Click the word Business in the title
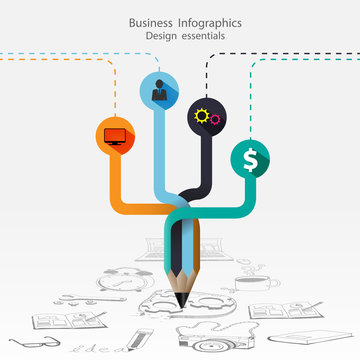pos(155,21)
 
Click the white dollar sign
pos(249,158)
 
